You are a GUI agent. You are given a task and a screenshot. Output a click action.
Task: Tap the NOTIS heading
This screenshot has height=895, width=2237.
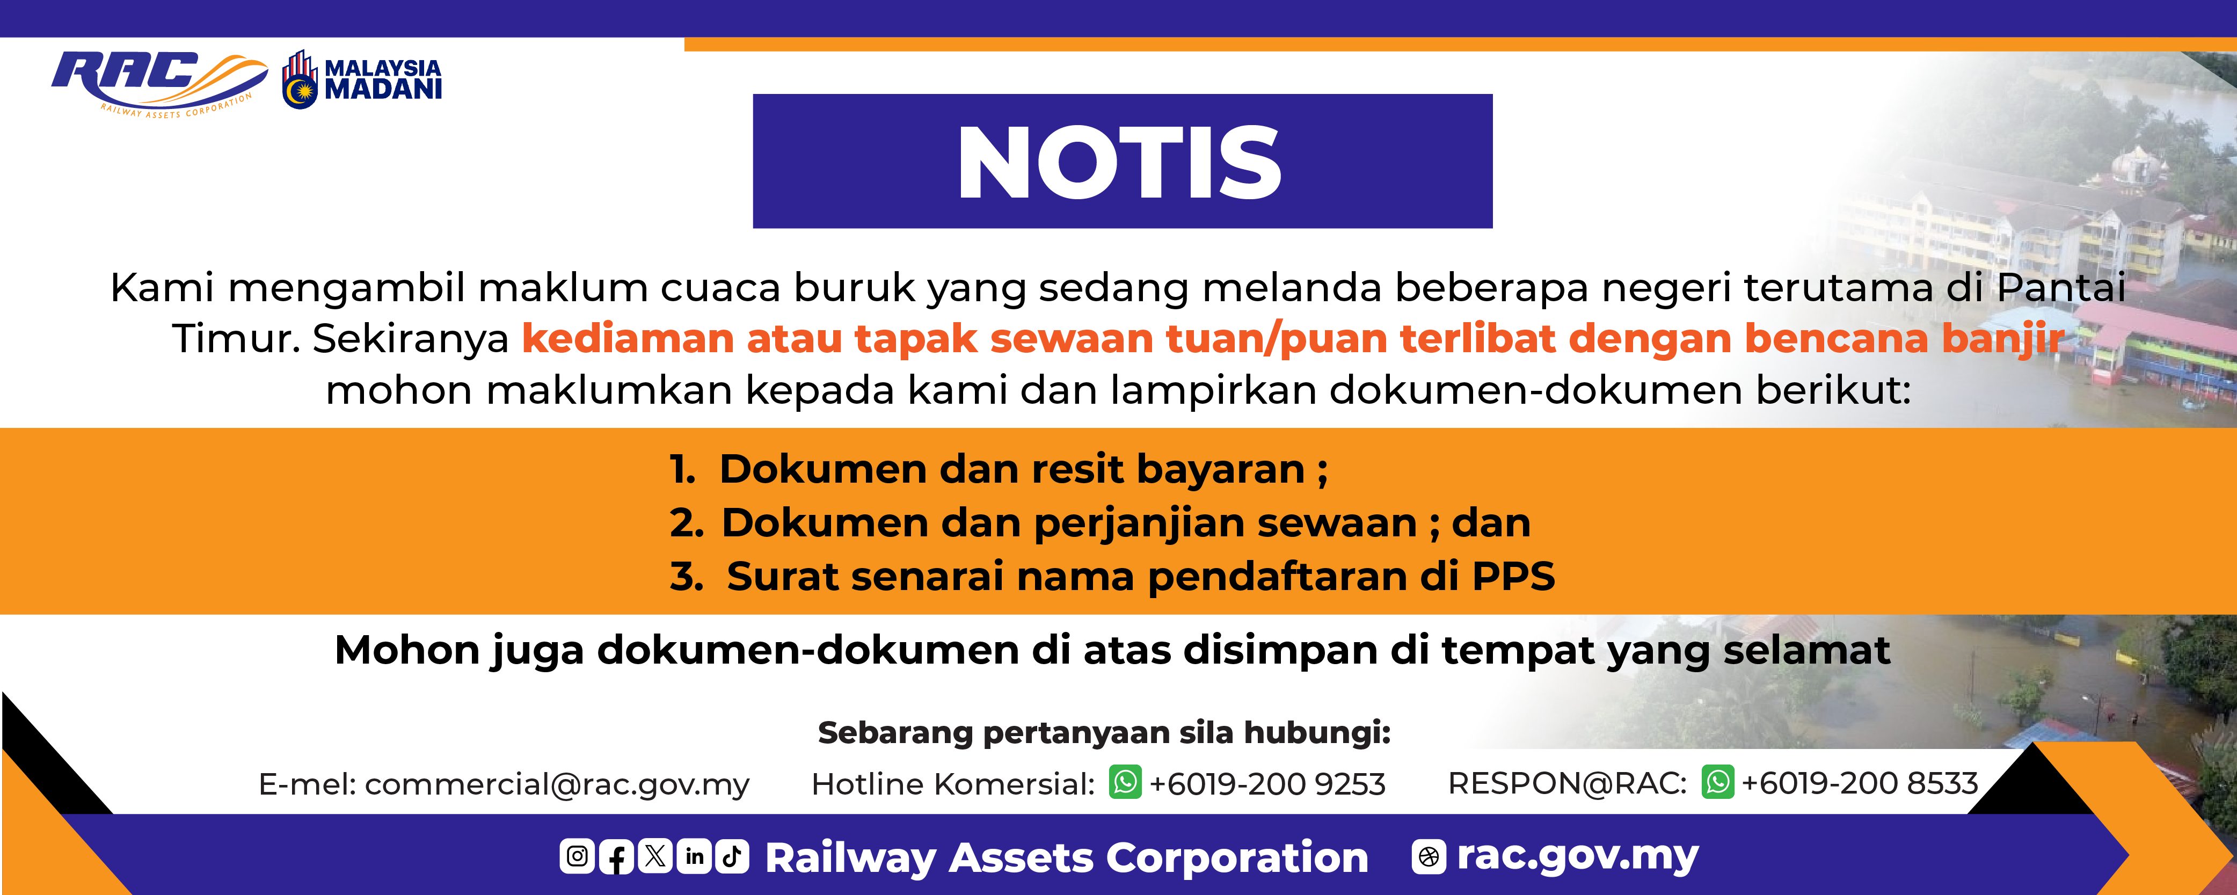1120,162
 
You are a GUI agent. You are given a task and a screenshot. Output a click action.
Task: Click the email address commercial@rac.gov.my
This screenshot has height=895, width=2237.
557,785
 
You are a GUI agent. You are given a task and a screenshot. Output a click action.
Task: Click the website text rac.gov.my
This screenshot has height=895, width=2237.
1577,856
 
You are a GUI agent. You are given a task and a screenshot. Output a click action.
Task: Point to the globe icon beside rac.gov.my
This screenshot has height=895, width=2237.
1429,857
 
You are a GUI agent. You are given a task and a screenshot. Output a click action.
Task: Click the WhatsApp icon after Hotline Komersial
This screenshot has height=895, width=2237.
1125,782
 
